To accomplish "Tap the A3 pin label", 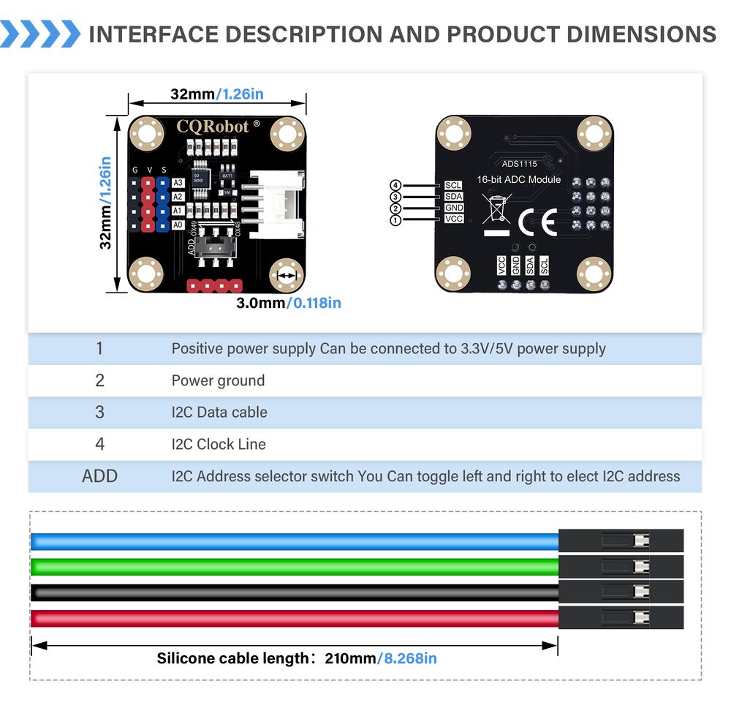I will (178, 183).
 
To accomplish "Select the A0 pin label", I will (178, 225).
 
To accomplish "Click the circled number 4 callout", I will (395, 186).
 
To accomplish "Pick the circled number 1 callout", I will (395, 219).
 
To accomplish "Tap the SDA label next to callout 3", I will (453, 197).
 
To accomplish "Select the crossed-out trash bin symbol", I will (497, 209).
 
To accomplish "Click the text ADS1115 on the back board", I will (518, 164).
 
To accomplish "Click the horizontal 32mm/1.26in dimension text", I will (216, 94).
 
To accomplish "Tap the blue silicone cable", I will (292, 541).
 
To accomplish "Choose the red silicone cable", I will (292, 618).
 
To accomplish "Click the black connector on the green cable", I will (620, 567).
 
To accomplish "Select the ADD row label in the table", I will (99, 476).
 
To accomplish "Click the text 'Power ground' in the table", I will (218, 380).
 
